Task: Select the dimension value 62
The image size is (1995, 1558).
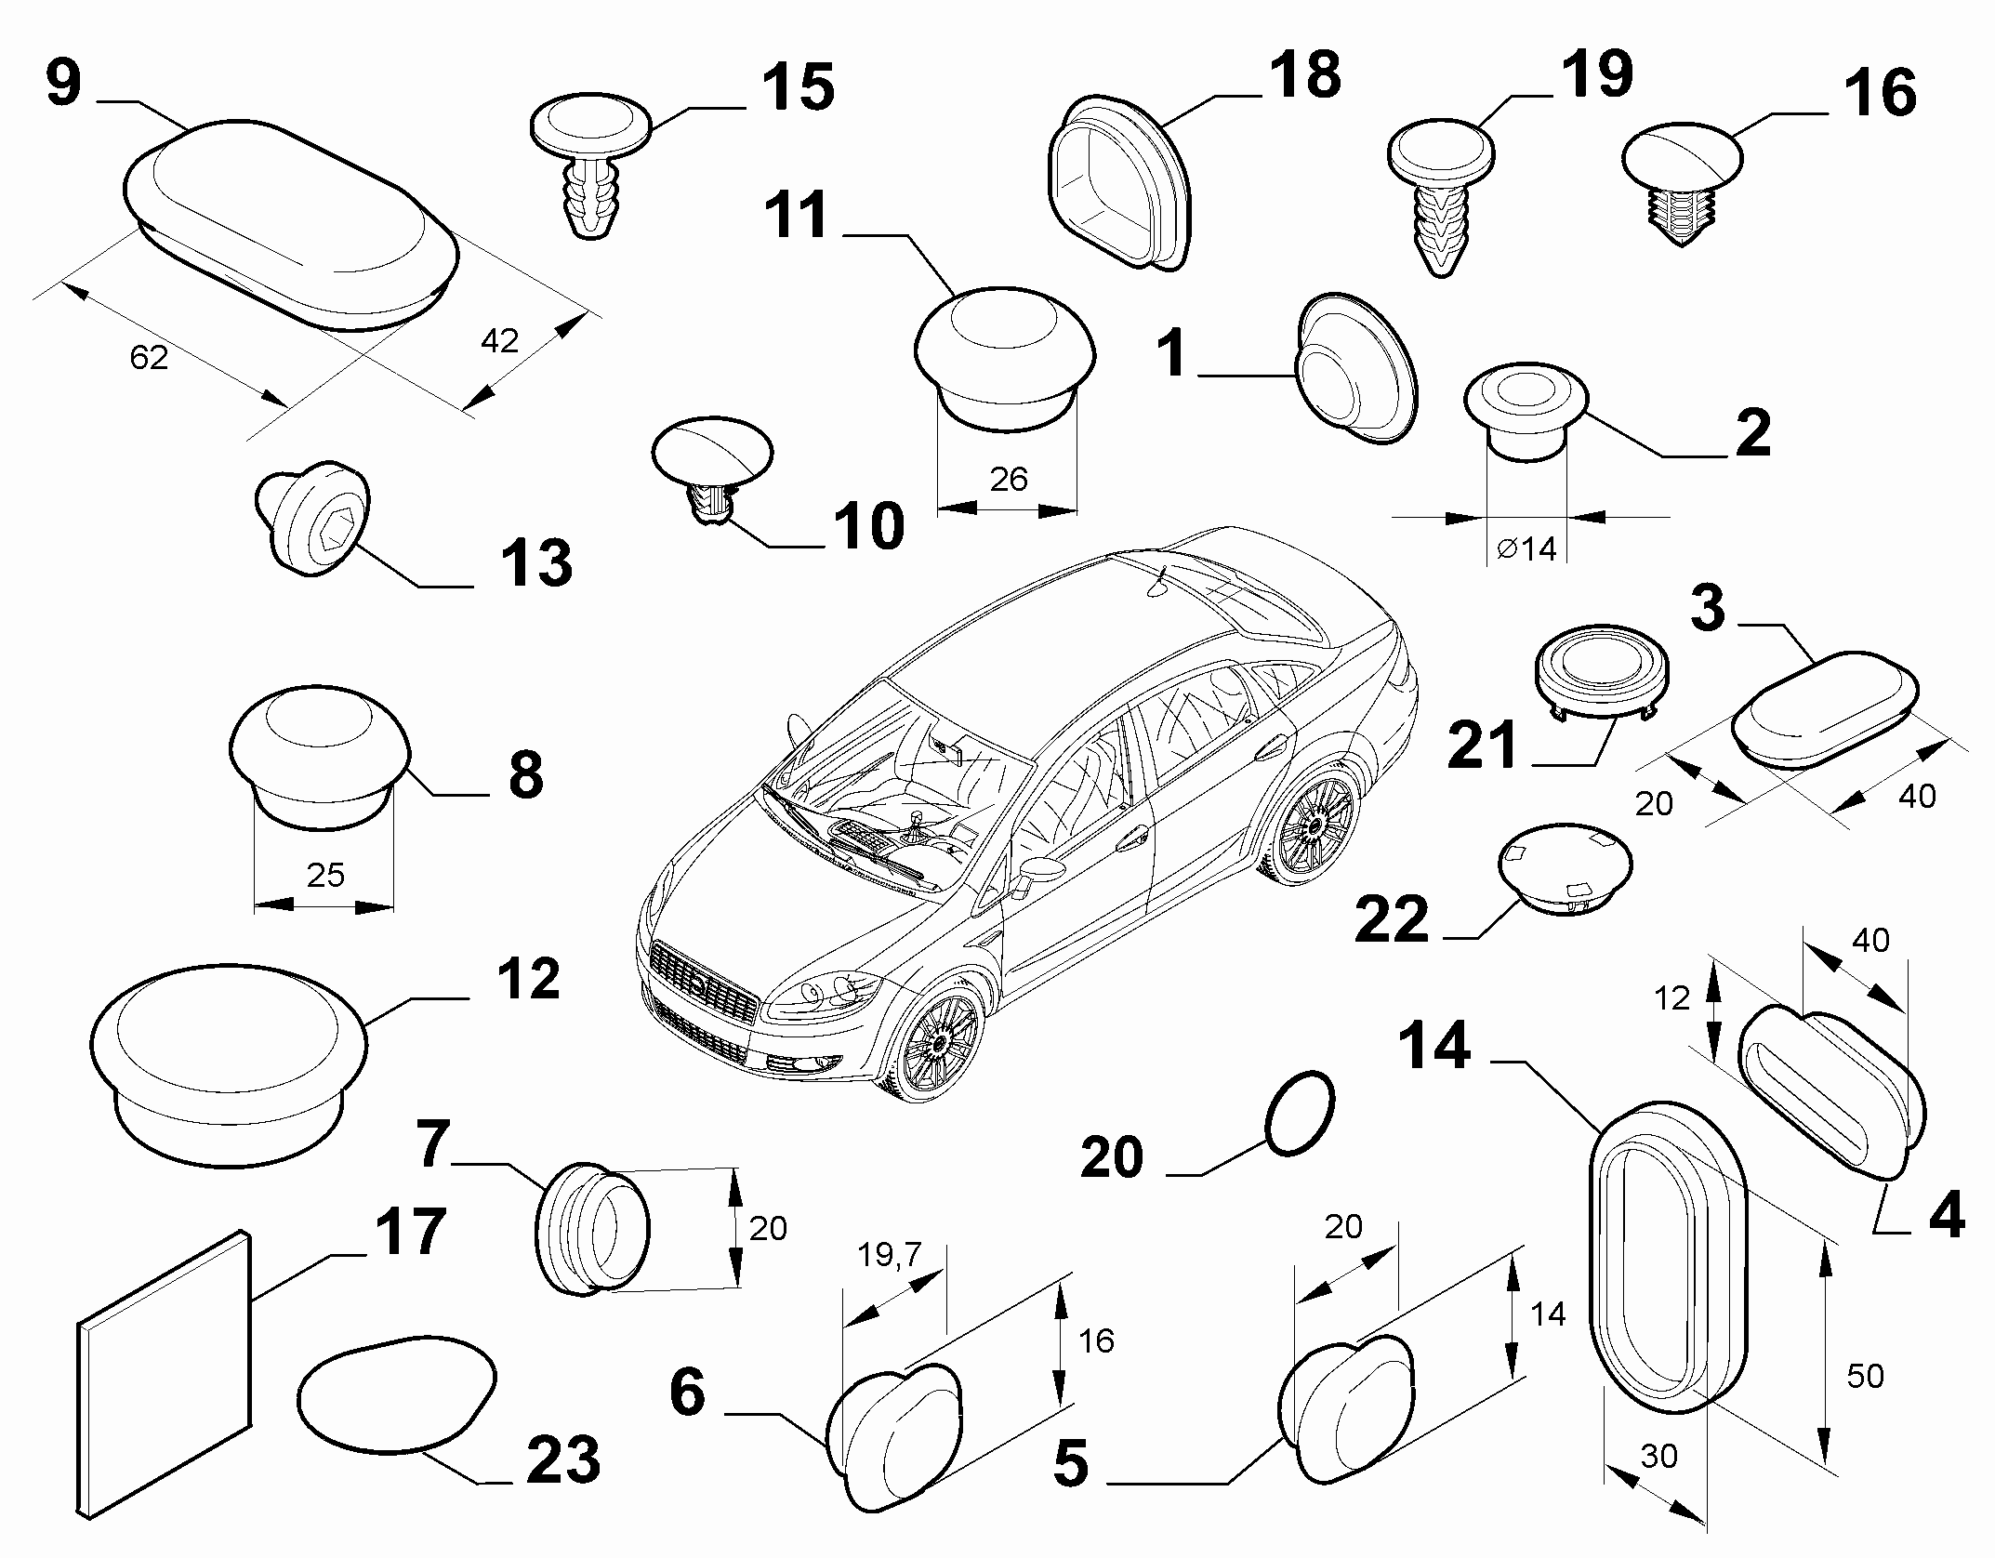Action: tap(149, 357)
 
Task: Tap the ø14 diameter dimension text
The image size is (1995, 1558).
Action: tap(1526, 549)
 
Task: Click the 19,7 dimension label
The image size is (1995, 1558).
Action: tap(888, 1255)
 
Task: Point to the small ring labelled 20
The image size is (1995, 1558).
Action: tap(1300, 1113)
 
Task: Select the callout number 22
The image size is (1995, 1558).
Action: tap(1391, 920)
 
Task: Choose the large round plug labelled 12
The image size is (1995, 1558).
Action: tap(228, 1063)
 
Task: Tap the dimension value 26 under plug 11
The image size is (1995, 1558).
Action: tap(1009, 480)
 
